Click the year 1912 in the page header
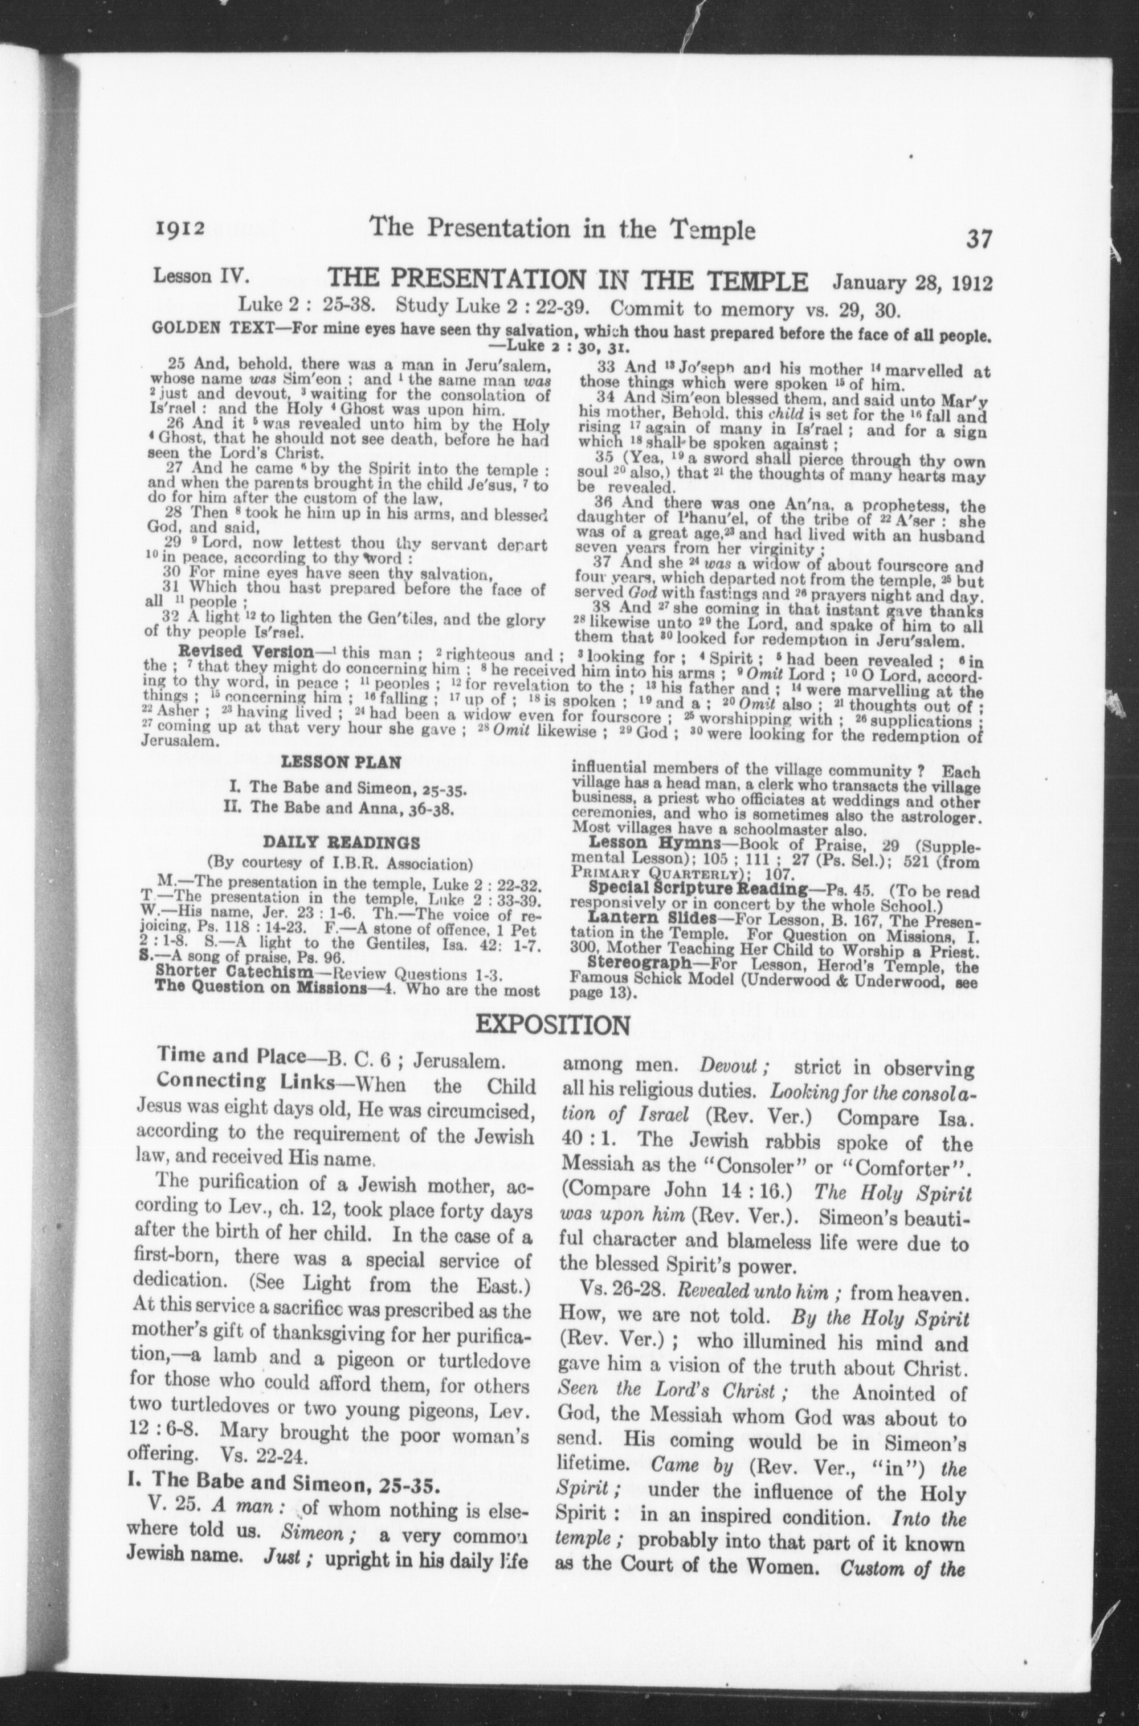[x=180, y=231]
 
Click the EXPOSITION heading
[x=553, y=1025]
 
